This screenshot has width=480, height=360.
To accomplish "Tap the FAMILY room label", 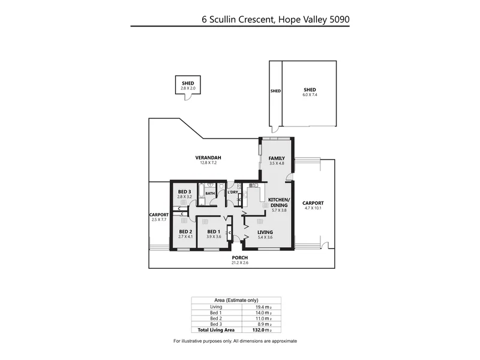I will pos(277,158).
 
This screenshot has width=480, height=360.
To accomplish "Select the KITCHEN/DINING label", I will pos(278,202).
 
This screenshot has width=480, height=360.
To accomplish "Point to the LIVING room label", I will pos(265,232).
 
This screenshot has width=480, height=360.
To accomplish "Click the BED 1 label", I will pos(214,232).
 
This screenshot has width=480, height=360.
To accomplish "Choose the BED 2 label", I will pos(185,232).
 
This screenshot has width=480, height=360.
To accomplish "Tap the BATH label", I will pos(210,194).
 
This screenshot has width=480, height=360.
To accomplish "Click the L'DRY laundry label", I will pos(233,192).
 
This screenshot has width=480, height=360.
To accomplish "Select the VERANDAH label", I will pos(205,158).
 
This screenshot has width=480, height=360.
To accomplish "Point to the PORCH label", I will pos(240,258).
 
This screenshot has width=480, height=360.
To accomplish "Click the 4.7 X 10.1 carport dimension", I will pos(313,208).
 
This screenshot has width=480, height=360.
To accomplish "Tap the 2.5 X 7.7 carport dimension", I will pos(158,219).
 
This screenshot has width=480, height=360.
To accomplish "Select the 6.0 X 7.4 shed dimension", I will pos(310,95).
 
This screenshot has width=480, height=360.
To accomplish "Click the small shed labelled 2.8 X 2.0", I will pos(188,86).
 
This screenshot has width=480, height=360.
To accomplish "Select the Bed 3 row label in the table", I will pos(208,324).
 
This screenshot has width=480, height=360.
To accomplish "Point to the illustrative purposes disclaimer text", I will pos(235,341).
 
